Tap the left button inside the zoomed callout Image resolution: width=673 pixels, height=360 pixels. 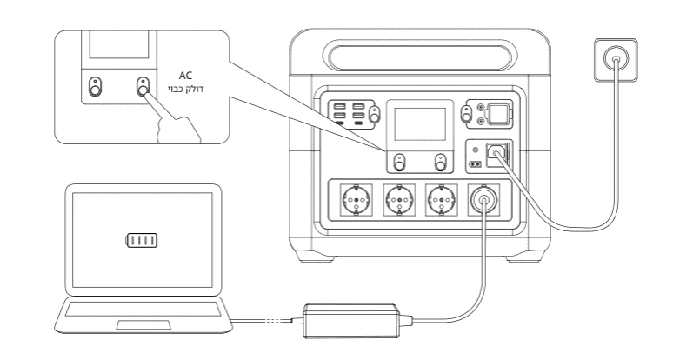pyautogui.click(x=95, y=88)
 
